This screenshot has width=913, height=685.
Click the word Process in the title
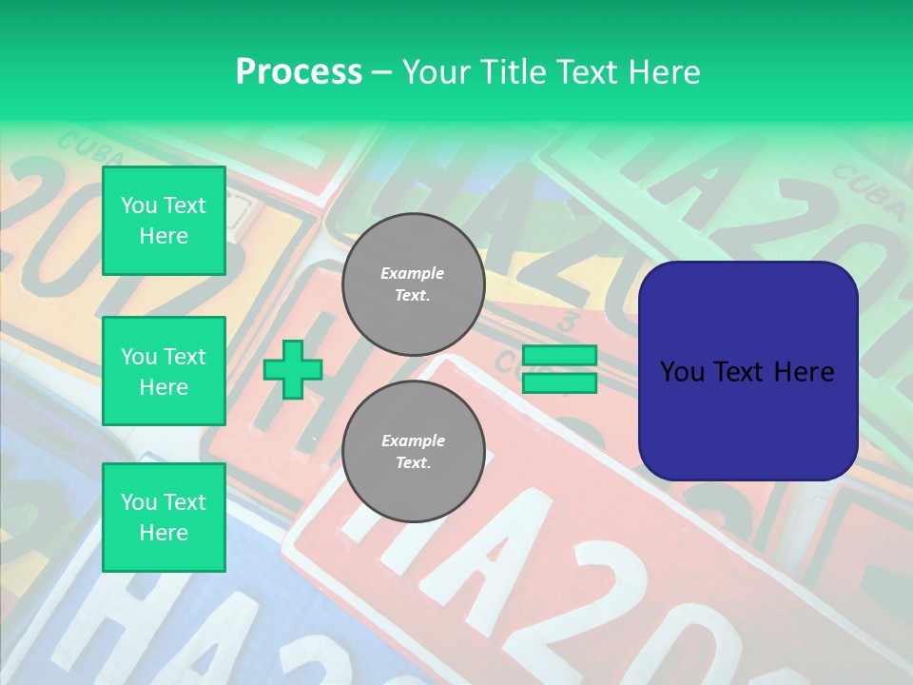pyautogui.click(x=299, y=71)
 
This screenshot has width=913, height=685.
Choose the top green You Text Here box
pyautogui.click(x=164, y=221)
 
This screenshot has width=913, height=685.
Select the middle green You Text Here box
pyautogui.click(x=164, y=371)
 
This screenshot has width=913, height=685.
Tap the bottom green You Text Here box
pyautogui.click(x=164, y=518)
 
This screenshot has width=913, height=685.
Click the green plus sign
pyautogui.click(x=293, y=370)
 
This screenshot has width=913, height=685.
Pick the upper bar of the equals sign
pyautogui.click(x=559, y=356)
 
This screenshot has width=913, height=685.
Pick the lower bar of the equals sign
pyautogui.click(x=559, y=383)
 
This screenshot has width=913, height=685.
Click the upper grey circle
pyautogui.click(x=413, y=284)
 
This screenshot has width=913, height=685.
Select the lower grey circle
pyautogui.click(x=413, y=452)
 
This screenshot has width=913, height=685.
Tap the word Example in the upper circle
pyautogui.click(x=412, y=273)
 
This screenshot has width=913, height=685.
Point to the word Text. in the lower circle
pyautogui.click(x=412, y=463)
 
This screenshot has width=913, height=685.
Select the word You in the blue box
pyautogui.click(x=681, y=372)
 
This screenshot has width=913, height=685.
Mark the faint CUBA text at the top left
pyautogui.click(x=84, y=147)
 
